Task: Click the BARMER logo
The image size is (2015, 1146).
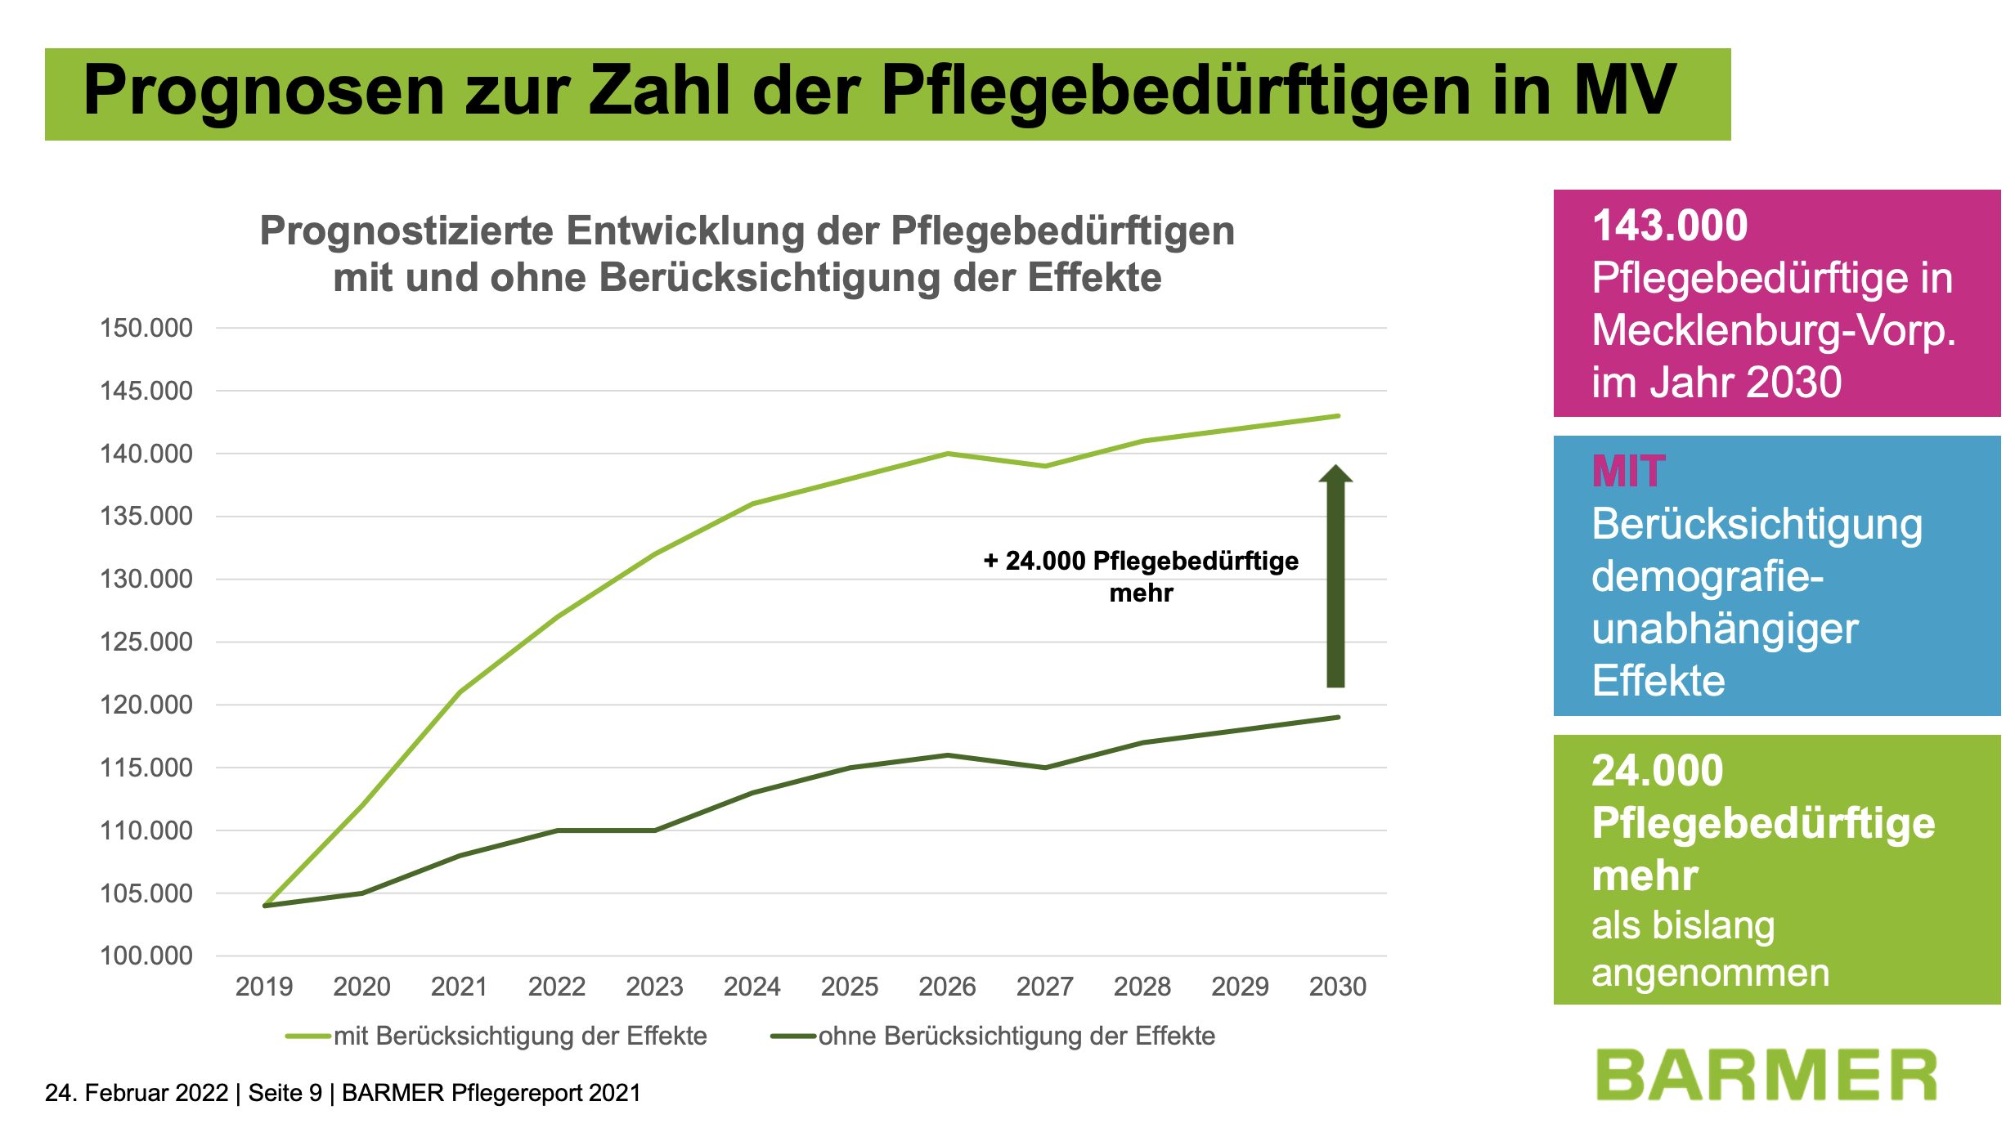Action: tap(1766, 1075)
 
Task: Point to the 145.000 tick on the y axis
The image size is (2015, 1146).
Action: tap(146, 391)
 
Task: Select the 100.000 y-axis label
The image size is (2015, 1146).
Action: tap(146, 956)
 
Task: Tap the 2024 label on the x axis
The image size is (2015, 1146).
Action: tap(752, 987)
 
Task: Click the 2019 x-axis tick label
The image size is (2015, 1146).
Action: tap(263, 987)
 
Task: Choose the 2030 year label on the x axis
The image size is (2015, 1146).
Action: tap(1337, 987)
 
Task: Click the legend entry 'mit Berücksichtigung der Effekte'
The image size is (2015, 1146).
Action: tap(519, 1036)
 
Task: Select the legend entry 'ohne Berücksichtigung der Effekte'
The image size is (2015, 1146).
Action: tap(1016, 1036)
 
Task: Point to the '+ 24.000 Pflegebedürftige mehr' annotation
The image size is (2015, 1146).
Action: tap(1141, 576)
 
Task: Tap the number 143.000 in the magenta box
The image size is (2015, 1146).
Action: tap(1669, 226)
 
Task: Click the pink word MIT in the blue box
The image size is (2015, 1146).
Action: tap(1627, 472)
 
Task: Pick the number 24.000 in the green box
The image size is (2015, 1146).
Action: tap(1657, 771)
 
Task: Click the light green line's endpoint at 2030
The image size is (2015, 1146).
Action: tap(1338, 416)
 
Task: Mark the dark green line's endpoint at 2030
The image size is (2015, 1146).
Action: tap(1338, 718)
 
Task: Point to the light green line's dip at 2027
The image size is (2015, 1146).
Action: tap(1045, 466)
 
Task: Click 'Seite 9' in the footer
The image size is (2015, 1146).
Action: tap(285, 1093)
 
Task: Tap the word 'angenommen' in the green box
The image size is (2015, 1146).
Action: tap(1710, 973)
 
